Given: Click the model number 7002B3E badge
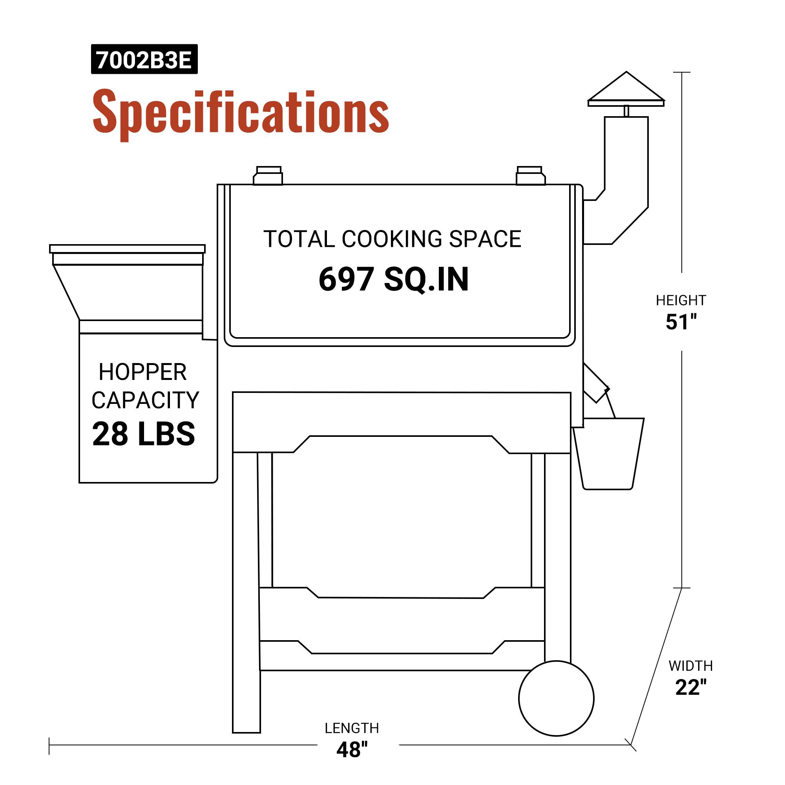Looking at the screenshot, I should [x=144, y=60].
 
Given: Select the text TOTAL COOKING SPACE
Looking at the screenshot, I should [x=392, y=239].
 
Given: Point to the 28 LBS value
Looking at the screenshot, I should [x=143, y=434].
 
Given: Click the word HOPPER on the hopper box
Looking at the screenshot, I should [x=142, y=372].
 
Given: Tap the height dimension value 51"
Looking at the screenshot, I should [x=681, y=322].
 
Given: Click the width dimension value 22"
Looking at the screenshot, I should [x=691, y=688].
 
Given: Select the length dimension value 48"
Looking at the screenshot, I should [x=352, y=750].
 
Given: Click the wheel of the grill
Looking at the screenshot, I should [x=556, y=698].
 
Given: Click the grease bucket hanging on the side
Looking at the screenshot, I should [x=608, y=453].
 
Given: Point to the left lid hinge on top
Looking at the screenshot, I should [x=268, y=176].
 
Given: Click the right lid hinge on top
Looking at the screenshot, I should [x=530, y=176].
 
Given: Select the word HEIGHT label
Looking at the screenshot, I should [x=681, y=301].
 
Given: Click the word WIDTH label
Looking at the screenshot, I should [x=691, y=666].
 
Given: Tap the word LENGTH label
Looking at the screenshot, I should [x=352, y=728].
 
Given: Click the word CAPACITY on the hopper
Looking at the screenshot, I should [x=145, y=400].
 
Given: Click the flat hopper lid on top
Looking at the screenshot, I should [x=127, y=249].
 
